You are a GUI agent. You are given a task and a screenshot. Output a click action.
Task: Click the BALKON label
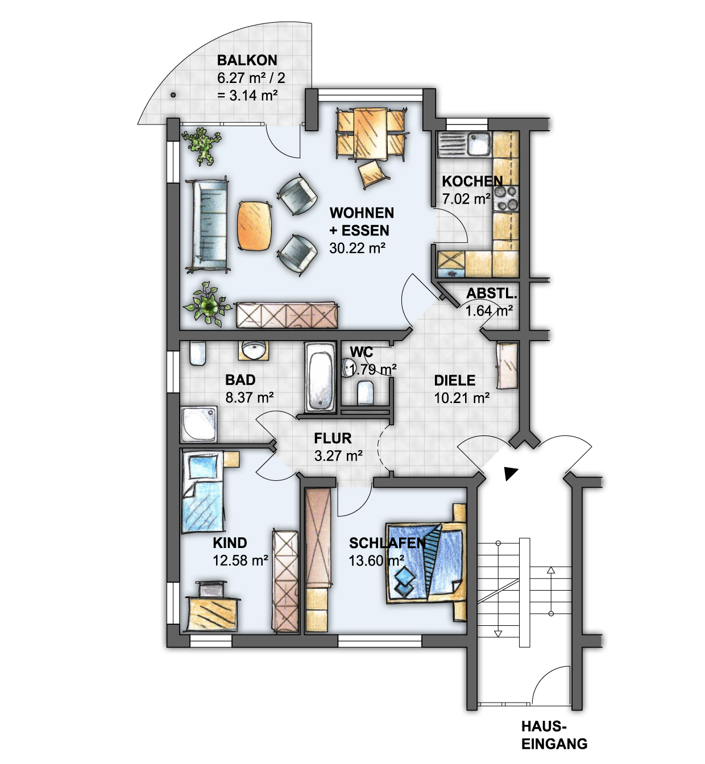point(247,60)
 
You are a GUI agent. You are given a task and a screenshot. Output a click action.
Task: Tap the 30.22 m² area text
point(357,248)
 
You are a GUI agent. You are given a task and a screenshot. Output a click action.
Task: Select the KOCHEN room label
point(472,181)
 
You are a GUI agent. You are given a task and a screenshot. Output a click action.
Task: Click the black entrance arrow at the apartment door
point(511,474)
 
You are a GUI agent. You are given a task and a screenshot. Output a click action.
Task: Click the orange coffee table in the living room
point(254,226)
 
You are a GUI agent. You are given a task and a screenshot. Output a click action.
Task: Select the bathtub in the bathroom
point(320,377)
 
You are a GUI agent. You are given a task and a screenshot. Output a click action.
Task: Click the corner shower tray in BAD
point(198,424)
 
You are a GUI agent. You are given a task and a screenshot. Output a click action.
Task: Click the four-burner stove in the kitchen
point(506,198)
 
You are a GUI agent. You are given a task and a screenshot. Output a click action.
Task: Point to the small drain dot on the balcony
point(173,94)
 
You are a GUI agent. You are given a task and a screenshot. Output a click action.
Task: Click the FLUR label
point(333,438)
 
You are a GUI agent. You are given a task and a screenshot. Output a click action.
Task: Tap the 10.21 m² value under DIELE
point(462,398)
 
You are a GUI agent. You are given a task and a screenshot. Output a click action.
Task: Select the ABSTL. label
point(491,293)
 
